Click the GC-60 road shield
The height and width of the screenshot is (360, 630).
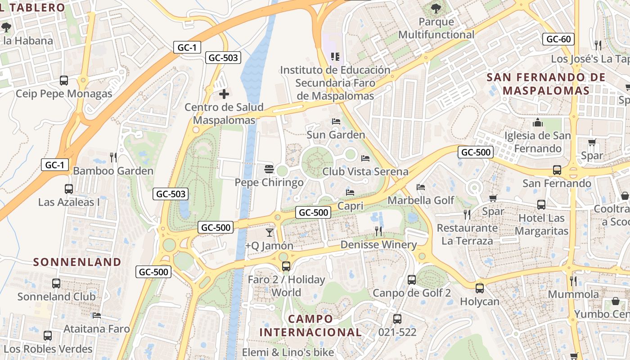[558, 39]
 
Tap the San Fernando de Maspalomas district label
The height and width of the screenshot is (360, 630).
[546, 84]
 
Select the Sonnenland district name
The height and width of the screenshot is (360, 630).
[77, 262]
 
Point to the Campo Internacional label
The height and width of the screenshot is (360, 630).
[310, 326]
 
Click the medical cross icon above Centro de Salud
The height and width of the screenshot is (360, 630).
[224, 94]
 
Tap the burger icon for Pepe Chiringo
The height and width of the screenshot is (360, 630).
[269, 169]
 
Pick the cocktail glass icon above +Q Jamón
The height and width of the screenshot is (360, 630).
[269, 232]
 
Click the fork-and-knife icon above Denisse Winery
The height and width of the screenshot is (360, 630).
[378, 231]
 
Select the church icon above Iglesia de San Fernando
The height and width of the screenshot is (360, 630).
[537, 122]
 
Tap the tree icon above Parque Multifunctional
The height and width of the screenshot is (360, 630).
[436, 8]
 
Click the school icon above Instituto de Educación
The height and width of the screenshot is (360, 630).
[335, 56]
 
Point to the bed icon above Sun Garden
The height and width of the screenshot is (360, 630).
[336, 121]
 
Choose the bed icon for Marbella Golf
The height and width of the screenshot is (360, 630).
[421, 187]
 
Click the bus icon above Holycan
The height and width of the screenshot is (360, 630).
[480, 288]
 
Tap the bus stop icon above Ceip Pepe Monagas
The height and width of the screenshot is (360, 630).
[64, 81]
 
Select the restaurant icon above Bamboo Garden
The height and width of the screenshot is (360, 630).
[113, 157]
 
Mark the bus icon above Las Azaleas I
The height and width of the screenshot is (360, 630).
[69, 189]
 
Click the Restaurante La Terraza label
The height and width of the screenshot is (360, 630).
[467, 234]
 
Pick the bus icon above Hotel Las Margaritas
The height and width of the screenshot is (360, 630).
[541, 205]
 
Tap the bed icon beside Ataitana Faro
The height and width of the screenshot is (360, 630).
[96, 315]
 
